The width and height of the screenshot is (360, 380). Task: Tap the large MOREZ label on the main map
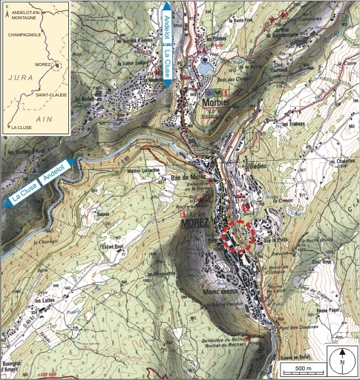tap(197, 223)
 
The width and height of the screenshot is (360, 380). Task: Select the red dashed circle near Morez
tap(238, 237)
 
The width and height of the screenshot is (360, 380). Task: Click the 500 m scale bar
tap(298, 369)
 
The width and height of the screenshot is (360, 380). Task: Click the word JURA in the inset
tap(18, 76)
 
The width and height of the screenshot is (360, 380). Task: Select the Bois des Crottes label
tap(230, 80)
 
